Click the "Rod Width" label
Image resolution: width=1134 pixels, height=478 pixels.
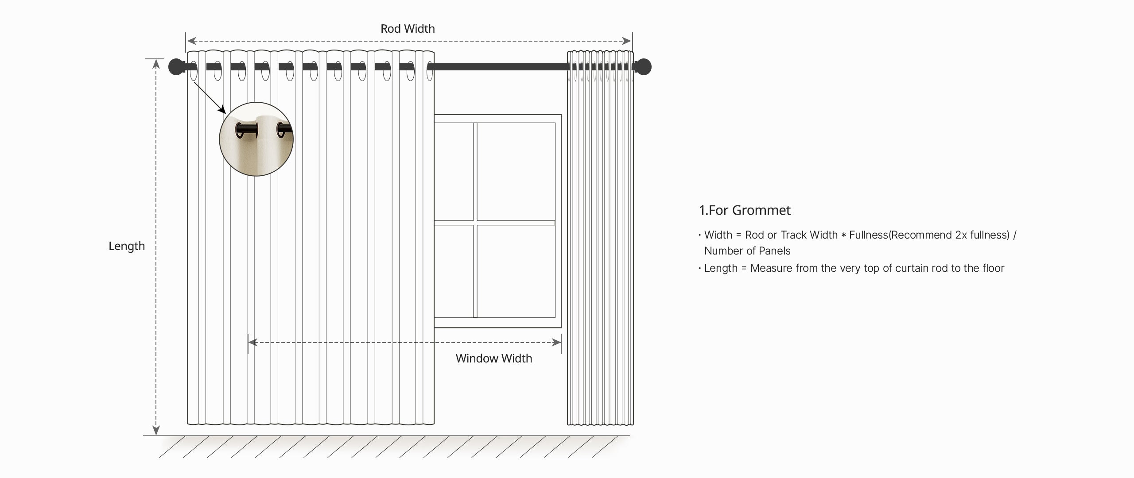click(408, 29)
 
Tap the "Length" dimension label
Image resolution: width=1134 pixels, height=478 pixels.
click(127, 246)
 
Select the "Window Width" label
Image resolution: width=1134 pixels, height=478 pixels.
click(494, 358)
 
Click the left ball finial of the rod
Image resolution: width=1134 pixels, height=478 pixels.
click(176, 67)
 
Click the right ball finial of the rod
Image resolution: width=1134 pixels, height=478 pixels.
click(643, 67)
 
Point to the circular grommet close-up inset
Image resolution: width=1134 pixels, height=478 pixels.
click(256, 139)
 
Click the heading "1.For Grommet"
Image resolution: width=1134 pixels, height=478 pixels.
click(745, 210)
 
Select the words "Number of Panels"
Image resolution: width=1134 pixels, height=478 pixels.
click(747, 251)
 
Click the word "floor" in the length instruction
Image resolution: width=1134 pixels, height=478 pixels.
click(992, 268)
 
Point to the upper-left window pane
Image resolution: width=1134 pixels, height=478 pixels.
click(454, 171)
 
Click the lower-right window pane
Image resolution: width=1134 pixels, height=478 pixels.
click(516, 271)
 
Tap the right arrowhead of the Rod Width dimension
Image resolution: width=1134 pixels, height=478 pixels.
click(626, 41)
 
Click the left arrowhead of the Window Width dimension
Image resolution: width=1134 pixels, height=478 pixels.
click(253, 342)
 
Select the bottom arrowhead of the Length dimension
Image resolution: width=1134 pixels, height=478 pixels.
click(156, 430)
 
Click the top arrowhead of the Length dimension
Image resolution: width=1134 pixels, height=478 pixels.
click(156, 64)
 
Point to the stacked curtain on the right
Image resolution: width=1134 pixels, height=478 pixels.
click(600, 238)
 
